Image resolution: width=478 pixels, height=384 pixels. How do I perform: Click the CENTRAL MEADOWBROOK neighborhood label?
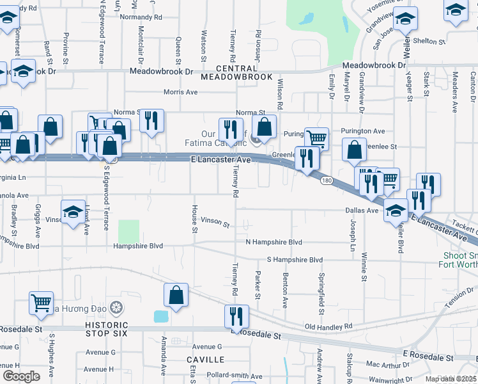[236, 72]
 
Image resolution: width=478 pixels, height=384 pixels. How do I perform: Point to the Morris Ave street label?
[180, 92]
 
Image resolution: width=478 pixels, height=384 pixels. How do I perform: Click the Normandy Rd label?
[141, 17]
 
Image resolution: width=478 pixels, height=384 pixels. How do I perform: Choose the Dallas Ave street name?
[362, 210]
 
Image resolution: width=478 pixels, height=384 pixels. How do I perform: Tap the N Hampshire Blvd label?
[274, 243]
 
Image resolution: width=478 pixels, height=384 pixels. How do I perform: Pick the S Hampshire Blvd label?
[295, 260]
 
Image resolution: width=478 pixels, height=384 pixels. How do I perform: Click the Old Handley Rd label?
[328, 326]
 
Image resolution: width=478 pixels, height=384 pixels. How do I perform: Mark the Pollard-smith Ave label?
[235, 376]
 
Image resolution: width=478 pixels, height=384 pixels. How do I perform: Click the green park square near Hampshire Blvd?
[128, 230]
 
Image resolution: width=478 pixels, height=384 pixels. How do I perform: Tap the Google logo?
[21, 376]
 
